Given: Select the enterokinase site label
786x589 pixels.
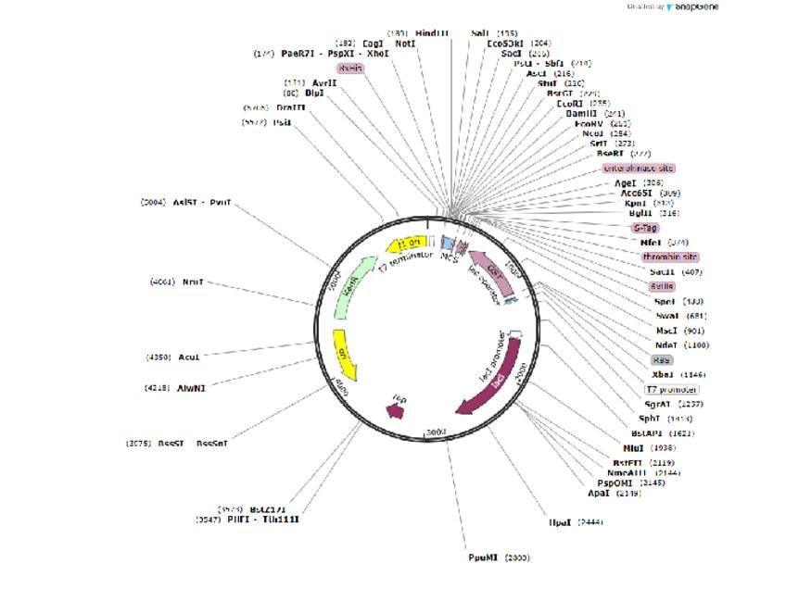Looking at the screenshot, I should coord(638,169).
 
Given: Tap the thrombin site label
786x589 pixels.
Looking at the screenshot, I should coord(669,257).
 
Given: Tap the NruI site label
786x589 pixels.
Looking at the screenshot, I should coord(192,281).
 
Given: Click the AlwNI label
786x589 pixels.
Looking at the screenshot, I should coord(191,387).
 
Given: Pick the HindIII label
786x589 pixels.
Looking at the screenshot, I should coord(432,32).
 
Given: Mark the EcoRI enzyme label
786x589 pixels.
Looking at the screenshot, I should coord(569,104).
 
